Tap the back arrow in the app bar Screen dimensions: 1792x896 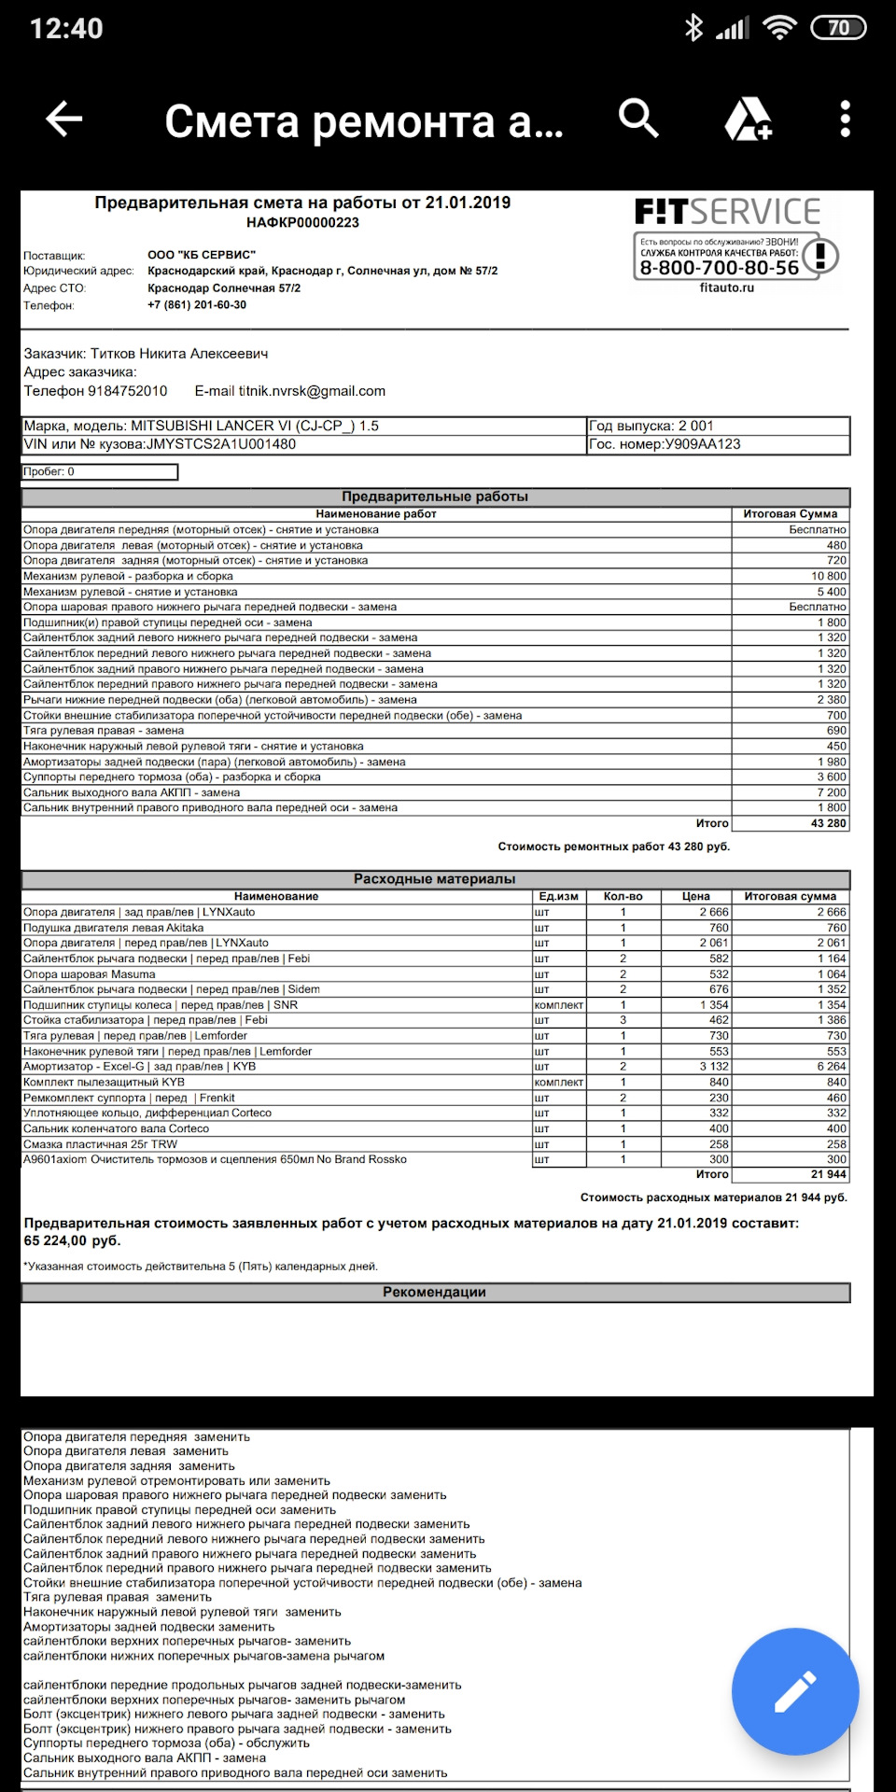(x=64, y=119)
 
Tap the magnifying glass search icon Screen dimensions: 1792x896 (x=638, y=119)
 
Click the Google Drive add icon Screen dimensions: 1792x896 (x=749, y=119)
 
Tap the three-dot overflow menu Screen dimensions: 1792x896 (x=845, y=119)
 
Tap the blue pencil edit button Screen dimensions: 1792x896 (x=795, y=1691)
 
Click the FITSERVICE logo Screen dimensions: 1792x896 (x=727, y=212)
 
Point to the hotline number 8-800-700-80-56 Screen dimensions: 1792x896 (x=719, y=268)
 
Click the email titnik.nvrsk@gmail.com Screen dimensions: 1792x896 (x=312, y=391)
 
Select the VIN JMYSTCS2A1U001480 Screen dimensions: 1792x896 (x=221, y=444)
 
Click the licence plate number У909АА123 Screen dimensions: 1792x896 (x=702, y=444)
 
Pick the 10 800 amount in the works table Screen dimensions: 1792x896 (x=829, y=576)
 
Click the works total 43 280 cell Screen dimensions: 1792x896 (x=828, y=823)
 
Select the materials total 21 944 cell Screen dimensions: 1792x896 (x=828, y=1174)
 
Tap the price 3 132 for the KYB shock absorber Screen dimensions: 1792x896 (x=714, y=1066)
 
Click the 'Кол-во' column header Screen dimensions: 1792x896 (x=623, y=896)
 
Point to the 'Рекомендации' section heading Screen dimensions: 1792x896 (x=434, y=1292)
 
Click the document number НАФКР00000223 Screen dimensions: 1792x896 (x=302, y=222)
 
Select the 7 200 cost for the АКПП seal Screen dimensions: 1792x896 (x=832, y=792)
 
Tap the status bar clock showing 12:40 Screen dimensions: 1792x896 (x=66, y=28)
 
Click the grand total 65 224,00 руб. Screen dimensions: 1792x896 (x=72, y=1240)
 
